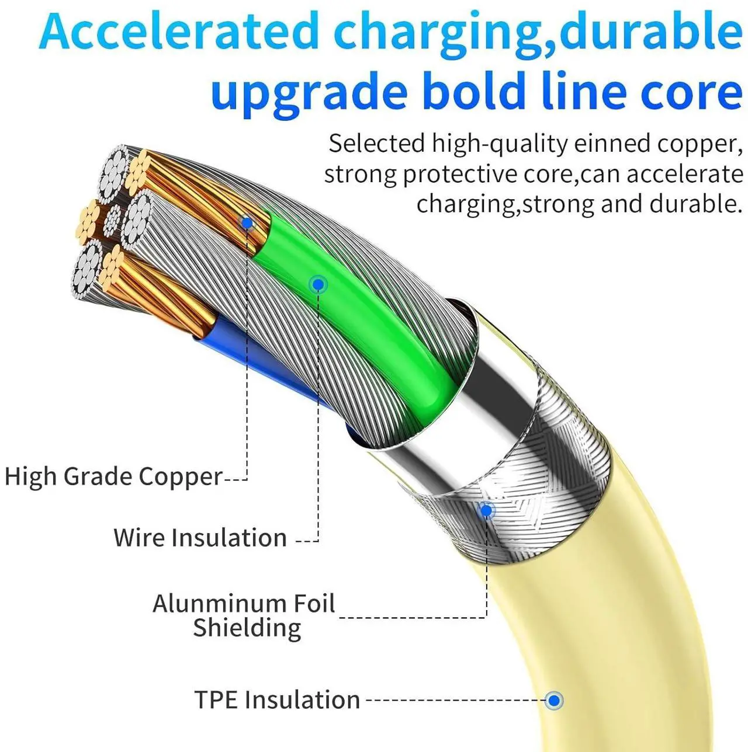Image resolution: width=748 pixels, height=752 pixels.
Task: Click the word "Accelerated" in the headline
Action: (178, 32)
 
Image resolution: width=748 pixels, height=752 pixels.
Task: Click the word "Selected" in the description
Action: (377, 144)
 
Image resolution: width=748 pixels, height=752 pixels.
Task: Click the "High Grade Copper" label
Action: (113, 476)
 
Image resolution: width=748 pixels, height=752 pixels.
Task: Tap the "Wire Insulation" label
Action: (200, 538)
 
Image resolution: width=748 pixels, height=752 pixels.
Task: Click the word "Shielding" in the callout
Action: (247, 628)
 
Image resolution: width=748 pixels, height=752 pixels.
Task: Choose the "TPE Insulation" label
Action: (277, 699)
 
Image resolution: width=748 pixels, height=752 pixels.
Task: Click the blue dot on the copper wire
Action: (247, 223)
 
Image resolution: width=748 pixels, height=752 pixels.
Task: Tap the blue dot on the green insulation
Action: (318, 285)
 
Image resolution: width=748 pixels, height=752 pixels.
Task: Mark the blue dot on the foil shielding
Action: (486, 511)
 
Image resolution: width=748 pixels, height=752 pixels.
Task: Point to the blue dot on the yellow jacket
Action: (554, 700)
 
